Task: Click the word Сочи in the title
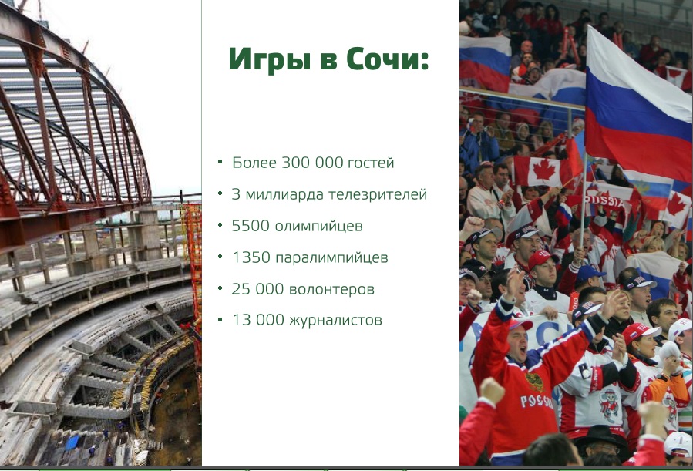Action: [387, 59]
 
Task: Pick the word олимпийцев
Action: [318, 227]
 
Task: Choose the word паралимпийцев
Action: [331, 258]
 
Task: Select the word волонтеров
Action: [331, 290]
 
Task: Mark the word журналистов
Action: [335, 321]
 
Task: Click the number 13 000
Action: [258, 320]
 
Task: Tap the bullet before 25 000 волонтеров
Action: [220, 288]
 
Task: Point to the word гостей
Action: [371, 163]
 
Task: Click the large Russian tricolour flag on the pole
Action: [637, 106]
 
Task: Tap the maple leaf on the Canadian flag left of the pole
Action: [544, 170]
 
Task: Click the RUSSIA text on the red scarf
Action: [604, 201]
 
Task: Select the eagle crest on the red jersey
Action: [534, 382]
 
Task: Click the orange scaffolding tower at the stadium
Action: [191, 247]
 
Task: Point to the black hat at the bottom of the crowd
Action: [601, 435]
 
